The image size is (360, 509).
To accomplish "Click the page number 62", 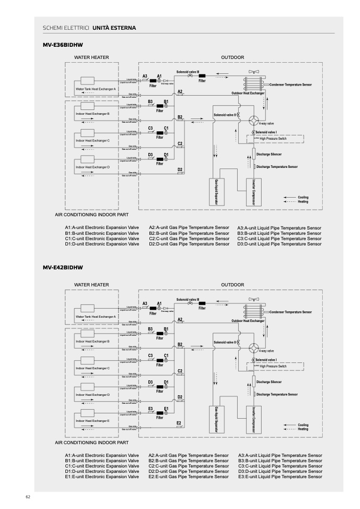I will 28,497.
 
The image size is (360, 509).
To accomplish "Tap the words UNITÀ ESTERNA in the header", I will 114,27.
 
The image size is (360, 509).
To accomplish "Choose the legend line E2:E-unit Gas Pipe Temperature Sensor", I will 189,477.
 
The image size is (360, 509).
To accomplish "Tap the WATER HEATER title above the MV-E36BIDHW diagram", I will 91,57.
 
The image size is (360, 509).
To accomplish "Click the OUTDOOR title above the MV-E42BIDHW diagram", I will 232,285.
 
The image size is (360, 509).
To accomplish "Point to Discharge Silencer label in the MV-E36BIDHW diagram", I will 269,154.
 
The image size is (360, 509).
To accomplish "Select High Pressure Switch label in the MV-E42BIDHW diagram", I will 273,367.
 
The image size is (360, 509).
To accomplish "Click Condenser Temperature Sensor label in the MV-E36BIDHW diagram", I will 290,85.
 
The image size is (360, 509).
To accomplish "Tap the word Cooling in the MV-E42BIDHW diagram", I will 303,425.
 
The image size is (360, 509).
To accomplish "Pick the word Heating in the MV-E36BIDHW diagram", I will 303,202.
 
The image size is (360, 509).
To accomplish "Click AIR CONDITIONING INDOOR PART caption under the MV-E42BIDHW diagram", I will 91,442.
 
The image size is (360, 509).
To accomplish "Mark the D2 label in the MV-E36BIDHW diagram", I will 180,169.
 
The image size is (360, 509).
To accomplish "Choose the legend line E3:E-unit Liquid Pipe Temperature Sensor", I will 280,477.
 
